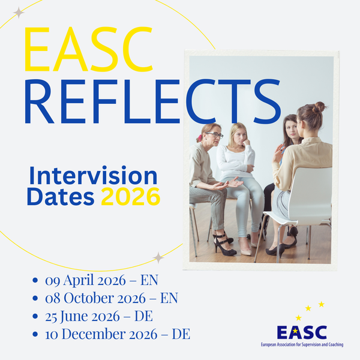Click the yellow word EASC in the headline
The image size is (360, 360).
coord(88,49)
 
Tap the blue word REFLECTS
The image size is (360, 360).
coord(152,101)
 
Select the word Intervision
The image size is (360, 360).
coord(93,175)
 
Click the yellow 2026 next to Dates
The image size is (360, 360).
coord(130,197)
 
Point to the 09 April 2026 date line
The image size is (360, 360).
coord(101,280)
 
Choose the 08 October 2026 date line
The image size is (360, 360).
coord(112,298)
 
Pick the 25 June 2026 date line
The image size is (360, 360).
coord(99,316)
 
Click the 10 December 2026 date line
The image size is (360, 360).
coord(118,334)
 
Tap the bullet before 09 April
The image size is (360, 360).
coord(35,280)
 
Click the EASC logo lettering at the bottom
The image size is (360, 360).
coord(302,332)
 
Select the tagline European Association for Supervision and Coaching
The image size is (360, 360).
coord(302,344)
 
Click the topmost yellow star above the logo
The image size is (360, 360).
coord(322,304)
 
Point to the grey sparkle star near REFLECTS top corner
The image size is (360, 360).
coord(19,13)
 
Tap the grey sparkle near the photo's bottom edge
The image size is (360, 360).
coord(158,257)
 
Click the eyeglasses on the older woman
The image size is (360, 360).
coord(215,135)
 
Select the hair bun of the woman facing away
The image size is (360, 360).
coord(319,107)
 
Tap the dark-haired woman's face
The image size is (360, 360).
coord(290,130)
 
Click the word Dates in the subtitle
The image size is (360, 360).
coord(61,197)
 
